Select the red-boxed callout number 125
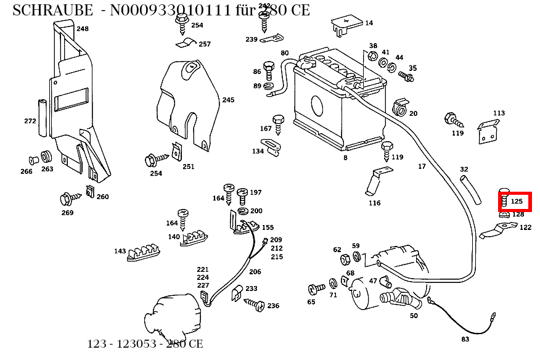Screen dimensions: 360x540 tap(517, 201)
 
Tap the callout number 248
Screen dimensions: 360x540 tap(83, 29)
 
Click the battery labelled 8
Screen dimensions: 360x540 tap(336, 108)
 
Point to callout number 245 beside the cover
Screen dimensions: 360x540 tap(228, 100)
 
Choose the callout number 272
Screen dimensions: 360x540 tap(30, 121)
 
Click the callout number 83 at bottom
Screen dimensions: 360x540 tap(465, 339)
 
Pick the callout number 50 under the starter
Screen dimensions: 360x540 tap(414, 316)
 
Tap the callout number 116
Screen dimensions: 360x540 tap(374, 203)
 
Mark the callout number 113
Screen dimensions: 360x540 tap(499, 113)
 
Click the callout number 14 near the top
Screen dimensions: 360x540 tap(369, 23)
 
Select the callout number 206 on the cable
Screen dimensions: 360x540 tap(255, 271)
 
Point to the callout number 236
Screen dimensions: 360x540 tap(273, 306)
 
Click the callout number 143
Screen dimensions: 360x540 tap(120, 251)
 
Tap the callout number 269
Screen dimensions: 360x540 tap(67, 213)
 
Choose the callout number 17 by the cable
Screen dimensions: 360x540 tap(422, 166)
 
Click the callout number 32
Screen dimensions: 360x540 tap(464, 169)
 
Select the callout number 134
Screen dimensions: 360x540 tap(258, 151)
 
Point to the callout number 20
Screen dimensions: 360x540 tap(413, 113)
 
